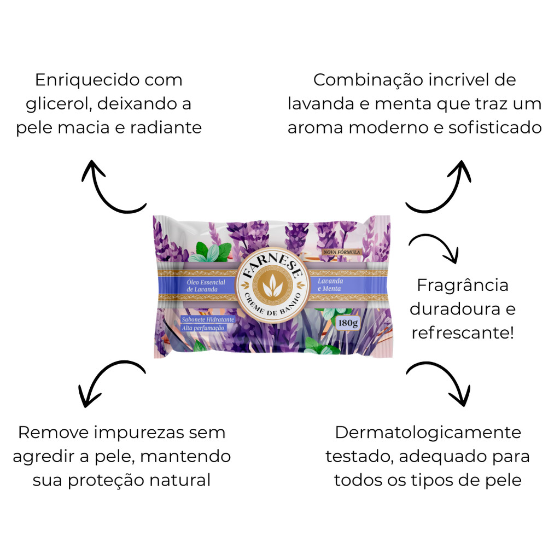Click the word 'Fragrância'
click(463, 285)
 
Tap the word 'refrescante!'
click(463, 333)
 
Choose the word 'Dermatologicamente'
click(428, 433)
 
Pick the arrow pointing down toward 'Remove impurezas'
click(109, 383)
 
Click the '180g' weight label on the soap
click(348, 322)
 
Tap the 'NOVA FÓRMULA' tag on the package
click(342, 252)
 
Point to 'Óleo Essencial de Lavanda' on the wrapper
click(206, 285)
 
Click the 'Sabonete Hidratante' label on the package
click(208, 319)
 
